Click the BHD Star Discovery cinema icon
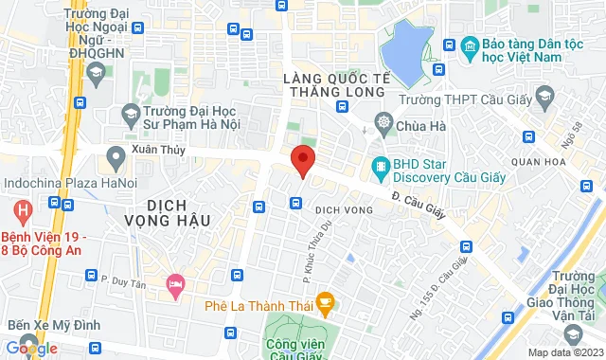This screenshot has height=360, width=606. click(x=381, y=168)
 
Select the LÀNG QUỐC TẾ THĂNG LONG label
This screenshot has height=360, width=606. click(x=335, y=83)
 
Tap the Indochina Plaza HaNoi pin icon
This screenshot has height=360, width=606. click(x=116, y=154)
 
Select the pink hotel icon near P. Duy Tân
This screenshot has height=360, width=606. click(x=174, y=283)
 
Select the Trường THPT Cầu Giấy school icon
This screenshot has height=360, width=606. click(x=544, y=98)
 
